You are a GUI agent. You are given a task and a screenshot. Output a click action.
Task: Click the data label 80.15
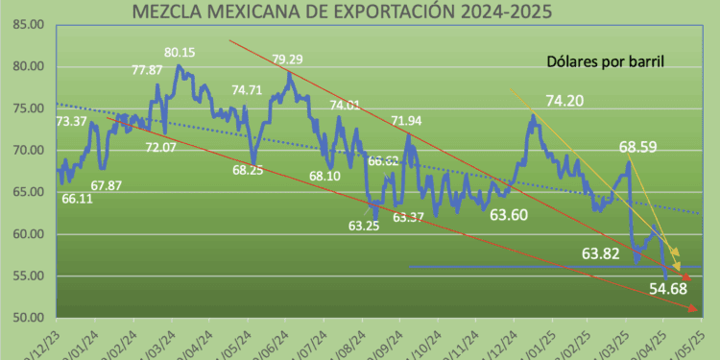(180, 52)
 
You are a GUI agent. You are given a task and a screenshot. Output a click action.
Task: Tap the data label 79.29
(288, 60)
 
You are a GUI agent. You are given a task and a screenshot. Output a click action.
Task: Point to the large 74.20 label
(566, 99)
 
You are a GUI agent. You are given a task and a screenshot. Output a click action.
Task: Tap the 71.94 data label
(406, 120)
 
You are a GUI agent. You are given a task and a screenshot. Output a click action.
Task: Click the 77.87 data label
(146, 70)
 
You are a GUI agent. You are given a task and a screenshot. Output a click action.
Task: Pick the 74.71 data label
(247, 90)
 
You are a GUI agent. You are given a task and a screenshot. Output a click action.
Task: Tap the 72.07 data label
(160, 147)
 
